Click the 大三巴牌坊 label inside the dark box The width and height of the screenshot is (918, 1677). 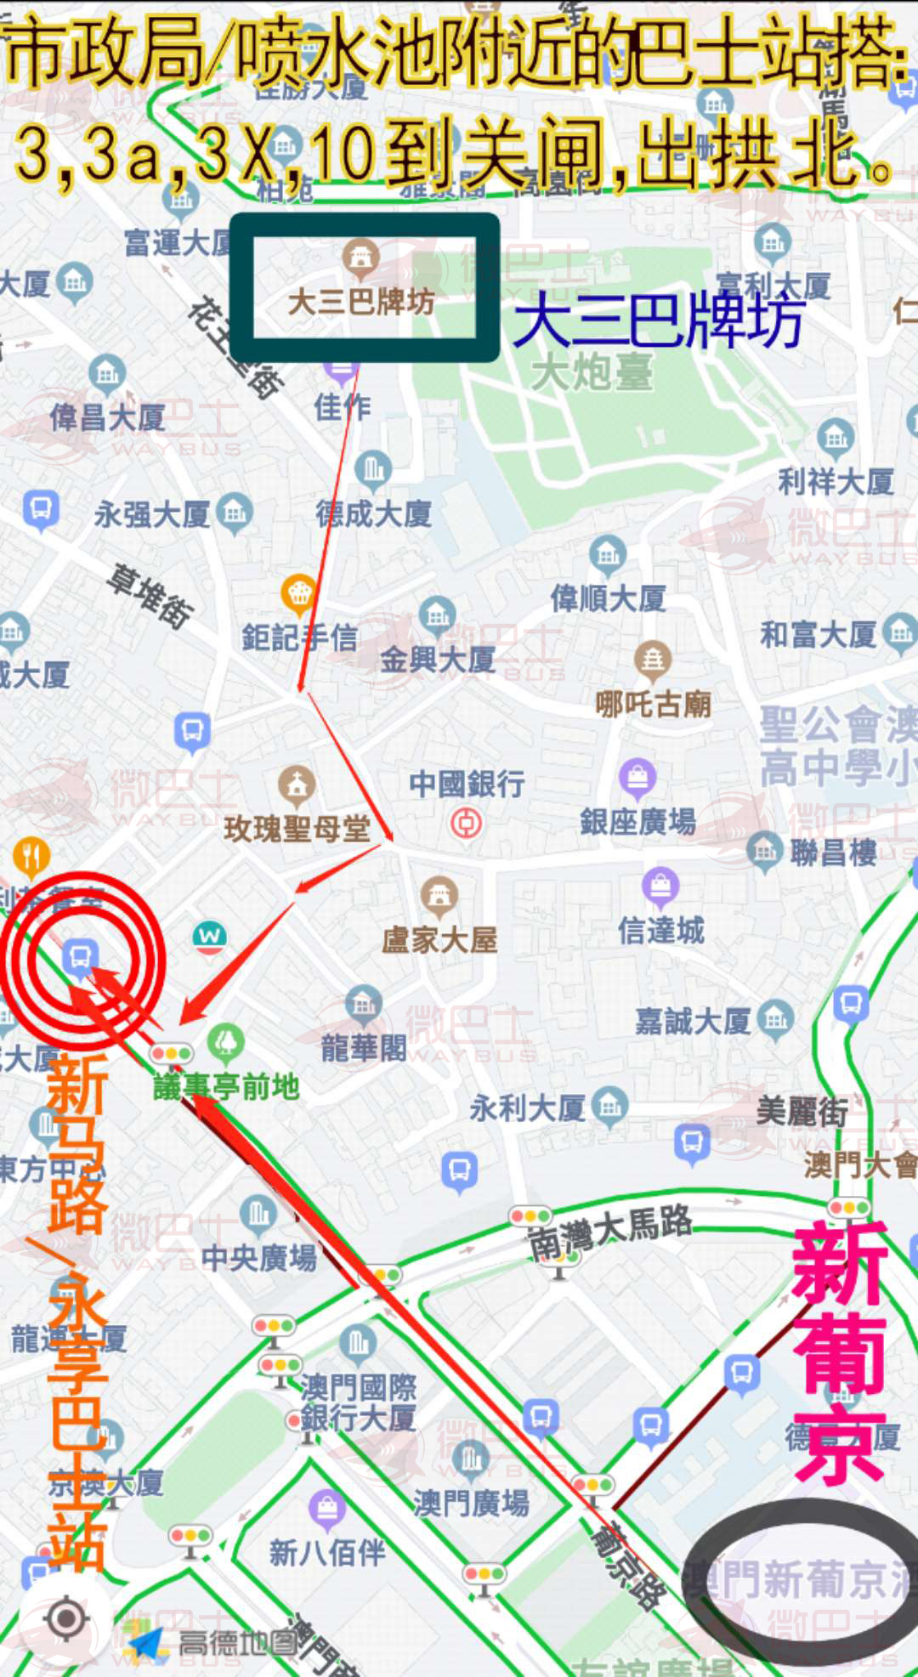pyautogui.click(x=361, y=302)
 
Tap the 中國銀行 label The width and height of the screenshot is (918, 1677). pyautogui.click(x=467, y=783)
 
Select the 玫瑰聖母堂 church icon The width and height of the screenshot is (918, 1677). pyautogui.click(x=297, y=785)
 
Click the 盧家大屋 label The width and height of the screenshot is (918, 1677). pyautogui.click(x=439, y=939)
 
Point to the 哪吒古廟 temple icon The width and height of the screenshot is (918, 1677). pyautogui.click(x=653, y=660)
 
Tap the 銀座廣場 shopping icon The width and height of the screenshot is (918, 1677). pyautogui.click(x=637, y=776)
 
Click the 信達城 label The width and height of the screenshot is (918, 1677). pyautogui.click(x=661, y=931)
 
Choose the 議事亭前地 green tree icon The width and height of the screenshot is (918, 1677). pyautogui.click(x=225, y=1041)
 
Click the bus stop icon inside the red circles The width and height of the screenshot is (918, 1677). pyautogui.click(x=80, y=957)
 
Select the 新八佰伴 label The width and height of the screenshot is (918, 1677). pyautogui.click(x=327, y=1553)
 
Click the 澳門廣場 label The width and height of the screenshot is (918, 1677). pyautogui.click(x=471, y=1503)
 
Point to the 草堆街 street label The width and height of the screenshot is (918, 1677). pyautogui.click(x=150, y=596)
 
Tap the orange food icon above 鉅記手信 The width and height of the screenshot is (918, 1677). pyautogui.click(x=298, y=593)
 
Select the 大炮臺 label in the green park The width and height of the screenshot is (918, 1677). pyautogui.click(x=592, y=372)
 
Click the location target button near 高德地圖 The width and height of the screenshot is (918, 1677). pyautogui.click(x=65, y=1618)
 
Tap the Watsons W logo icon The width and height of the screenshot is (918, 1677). pyautogui.click(x=209, y=936)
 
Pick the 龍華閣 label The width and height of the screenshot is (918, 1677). pyautogui.click(x=364, y=1047)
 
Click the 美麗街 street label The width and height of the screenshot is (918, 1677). pyautogui.click(x=802, y=1110)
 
